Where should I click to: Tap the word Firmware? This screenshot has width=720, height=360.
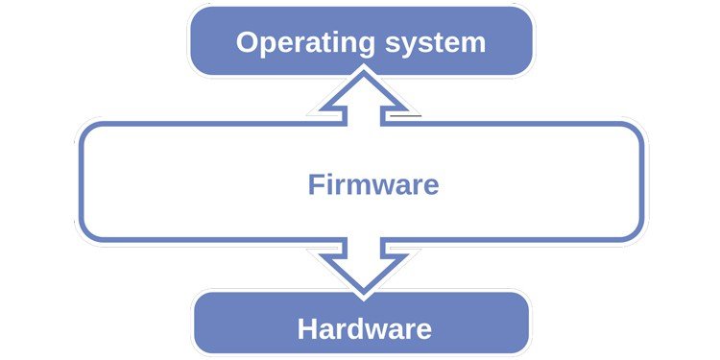[373, 184]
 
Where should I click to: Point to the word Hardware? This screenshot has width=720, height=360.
[365, 329]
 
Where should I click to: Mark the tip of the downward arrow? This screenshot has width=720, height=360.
[363, 292]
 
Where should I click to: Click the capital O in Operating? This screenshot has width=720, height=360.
[248, 43]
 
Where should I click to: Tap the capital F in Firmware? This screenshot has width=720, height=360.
[315, 184]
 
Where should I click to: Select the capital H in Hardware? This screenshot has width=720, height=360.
[308, 329]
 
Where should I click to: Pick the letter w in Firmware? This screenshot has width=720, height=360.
[388, 185]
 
